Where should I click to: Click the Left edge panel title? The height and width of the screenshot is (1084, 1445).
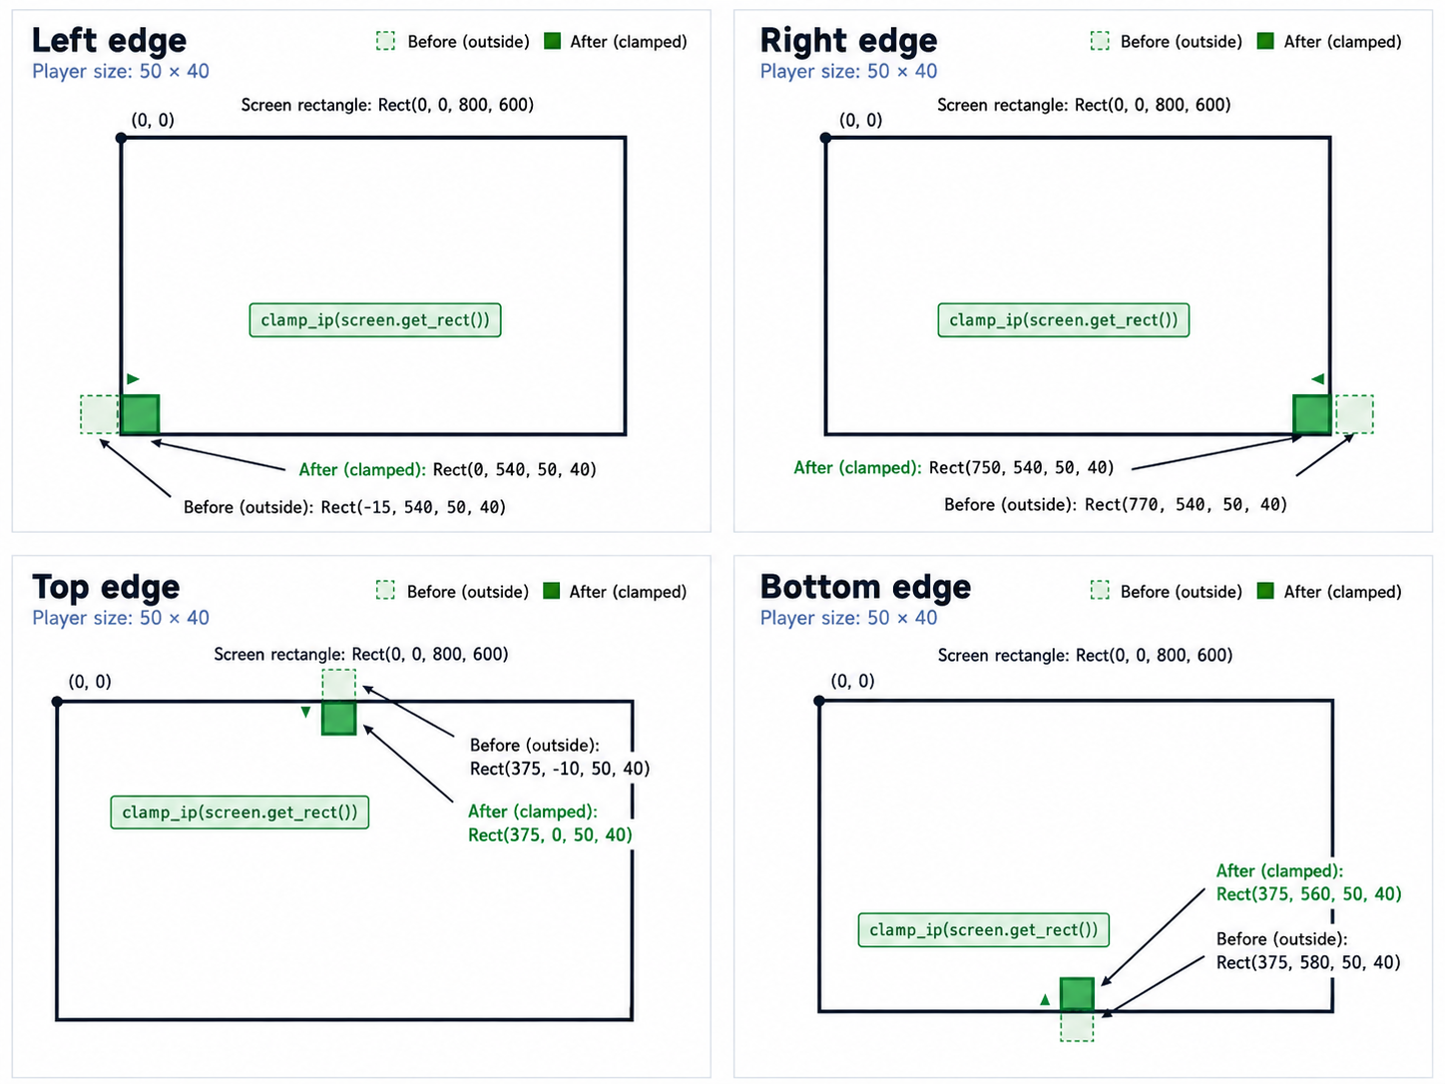click(x=110, y=40)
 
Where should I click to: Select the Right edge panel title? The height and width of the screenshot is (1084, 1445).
click(x=848, y=41)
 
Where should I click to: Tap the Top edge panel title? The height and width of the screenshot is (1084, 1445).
click(x=106, y=587)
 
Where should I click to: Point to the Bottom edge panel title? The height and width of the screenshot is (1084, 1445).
click(x=865, y=587)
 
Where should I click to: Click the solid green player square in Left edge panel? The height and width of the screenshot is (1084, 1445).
click(x=140, y=414)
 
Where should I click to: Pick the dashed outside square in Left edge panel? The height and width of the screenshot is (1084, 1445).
click(x=100, y=414)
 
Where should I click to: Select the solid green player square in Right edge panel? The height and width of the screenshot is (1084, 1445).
click(x=1312, y=414)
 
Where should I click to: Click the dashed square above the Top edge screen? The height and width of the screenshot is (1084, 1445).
click(x=339, y=685)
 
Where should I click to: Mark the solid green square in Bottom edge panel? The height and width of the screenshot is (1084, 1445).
click(x=1077, y=994)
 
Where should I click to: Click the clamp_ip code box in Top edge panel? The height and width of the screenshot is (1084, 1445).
click(x=240, y=813)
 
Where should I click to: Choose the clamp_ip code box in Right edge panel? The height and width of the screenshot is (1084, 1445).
click(x=1063, y=319)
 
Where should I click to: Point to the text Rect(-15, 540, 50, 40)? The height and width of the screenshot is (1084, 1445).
click(x=413, y=507)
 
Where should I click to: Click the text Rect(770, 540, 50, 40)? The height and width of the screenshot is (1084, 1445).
click(x=1186, y=505)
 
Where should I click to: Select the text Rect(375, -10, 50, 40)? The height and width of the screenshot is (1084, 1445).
click(x=560, y=769)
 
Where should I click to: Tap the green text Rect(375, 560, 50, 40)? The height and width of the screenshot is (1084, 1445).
click(x=1308, y=893)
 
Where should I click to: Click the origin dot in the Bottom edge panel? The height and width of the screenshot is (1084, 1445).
click(x=819, y=701)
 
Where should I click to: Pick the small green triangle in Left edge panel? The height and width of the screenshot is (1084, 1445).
click(x=133, y=378)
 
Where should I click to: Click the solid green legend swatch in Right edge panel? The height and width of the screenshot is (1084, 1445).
click(x=1264, y=41)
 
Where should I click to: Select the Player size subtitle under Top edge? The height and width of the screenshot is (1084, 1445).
click(x=121, y=617)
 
